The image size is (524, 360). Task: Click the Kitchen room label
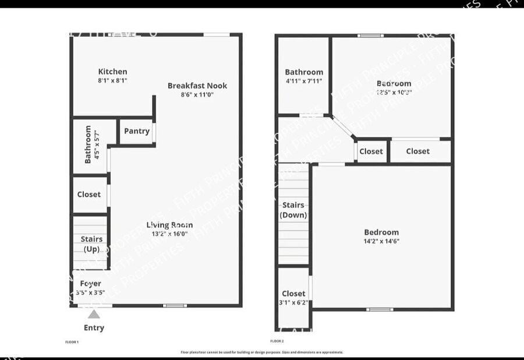pyautogui.click(x=112, y=72)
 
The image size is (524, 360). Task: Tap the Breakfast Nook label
pyautogui.click(x=197, y=86)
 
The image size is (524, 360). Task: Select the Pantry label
pyautogui.click(x=137, y=131)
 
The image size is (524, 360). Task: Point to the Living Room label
pyautogui.click(x=169, y=225)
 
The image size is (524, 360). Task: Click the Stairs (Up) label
pyautogui.click(x=91, y=243)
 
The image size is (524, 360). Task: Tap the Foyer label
pyautogui.click(x=90, y=284)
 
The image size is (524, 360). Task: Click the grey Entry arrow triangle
pyautogui.click(x=93, y=314)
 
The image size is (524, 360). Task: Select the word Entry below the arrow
pyautogui.click(x=94, y=327)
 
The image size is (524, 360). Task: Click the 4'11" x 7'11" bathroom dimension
pyautogui.click(x=303, y=82)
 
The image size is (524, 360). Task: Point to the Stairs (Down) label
pyautogui.click(x=293, y=210)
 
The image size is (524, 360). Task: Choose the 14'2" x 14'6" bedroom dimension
pyautogui.click(x=381, y=241)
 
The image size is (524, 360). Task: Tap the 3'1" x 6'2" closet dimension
pyautogui.click(x=293, y=303)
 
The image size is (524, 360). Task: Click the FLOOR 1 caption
pyautogui.click(x=72, y=342)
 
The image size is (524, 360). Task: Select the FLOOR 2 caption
pyautogui.click(x=277, y=341)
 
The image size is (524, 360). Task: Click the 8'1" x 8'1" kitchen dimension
pyautogui.click(x=112, y=81)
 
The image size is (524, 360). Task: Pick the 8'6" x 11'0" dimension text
pyautogui.click(x=197, y=94)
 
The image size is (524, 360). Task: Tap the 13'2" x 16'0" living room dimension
pyautogui.click(x=169, y=234)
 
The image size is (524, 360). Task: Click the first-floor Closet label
pyautogui.click(x=89, y=195)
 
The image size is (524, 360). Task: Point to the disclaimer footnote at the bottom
pyautogui.click(x=261, y=352)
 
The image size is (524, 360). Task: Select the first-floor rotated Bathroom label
pyautogui.click(x=88, y=144)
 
